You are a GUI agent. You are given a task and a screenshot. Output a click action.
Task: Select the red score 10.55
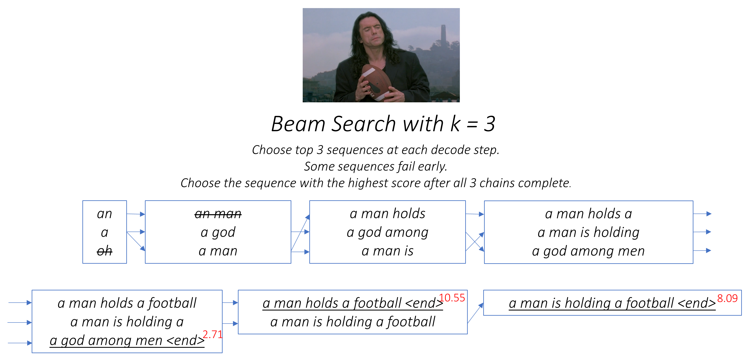452,298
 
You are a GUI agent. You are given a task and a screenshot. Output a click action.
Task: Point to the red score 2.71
212,335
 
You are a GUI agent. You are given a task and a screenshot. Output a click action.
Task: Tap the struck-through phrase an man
218,214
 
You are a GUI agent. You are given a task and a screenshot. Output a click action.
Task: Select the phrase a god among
387,232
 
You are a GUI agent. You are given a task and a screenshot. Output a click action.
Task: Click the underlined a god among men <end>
127,341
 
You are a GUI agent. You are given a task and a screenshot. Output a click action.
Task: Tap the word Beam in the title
298,124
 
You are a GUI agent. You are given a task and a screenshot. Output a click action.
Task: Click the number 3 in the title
489,124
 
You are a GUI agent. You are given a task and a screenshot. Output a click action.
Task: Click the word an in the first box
105,214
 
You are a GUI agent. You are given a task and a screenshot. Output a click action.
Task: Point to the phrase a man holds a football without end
127,303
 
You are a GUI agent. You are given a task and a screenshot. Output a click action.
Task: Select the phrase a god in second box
218,232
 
